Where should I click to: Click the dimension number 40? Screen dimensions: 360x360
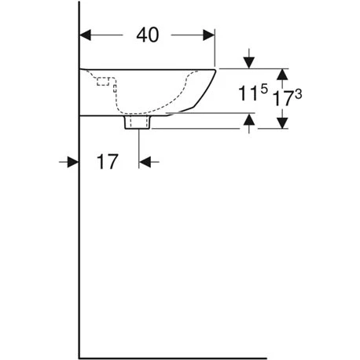point(147,35)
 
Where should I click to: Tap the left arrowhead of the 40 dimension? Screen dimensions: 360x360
point(87,35)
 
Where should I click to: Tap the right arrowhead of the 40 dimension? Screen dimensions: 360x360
point(208,35)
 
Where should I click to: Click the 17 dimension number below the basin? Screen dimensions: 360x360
point(108,162)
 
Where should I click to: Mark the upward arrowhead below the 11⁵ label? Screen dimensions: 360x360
point(249,119)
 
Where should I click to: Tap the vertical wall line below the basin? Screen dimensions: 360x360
point(80,236)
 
